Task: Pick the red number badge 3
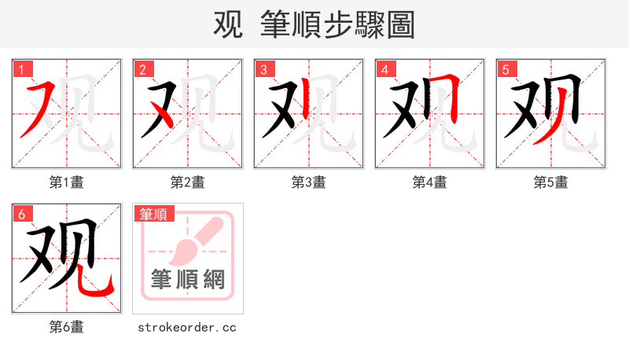point(264,69)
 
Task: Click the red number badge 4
point(385,69)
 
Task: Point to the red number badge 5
point(506,69)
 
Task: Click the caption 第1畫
point(67,182)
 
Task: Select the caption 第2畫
point(188,182)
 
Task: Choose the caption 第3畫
point(309,182)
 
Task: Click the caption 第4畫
point(430,182)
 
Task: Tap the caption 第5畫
point(551,182)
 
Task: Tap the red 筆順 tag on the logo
point(155,214)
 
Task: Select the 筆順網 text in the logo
point(188,280)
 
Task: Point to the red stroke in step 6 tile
point(102,287)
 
